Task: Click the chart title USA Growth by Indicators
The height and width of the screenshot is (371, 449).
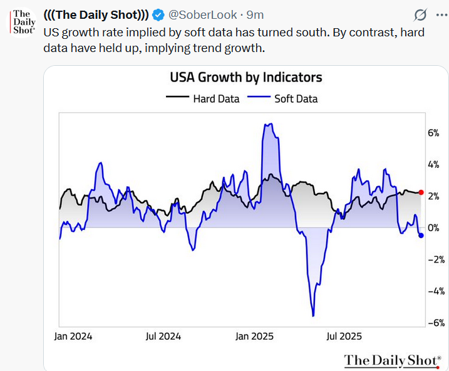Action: [246, 78]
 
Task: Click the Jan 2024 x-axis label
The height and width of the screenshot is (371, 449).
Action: [73, 336]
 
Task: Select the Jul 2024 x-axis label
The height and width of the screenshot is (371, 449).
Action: [163, 336]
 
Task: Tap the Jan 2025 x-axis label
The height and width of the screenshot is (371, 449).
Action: [254, 336]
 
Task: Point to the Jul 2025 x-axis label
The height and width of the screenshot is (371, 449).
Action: [343, 336]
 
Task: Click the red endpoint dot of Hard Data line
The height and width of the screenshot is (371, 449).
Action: [421, 192]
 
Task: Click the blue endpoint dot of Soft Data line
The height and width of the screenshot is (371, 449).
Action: [421, 235]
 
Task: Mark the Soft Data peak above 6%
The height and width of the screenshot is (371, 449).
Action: [268, 125]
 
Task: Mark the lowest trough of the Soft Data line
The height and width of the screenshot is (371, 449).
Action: [312, 315]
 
